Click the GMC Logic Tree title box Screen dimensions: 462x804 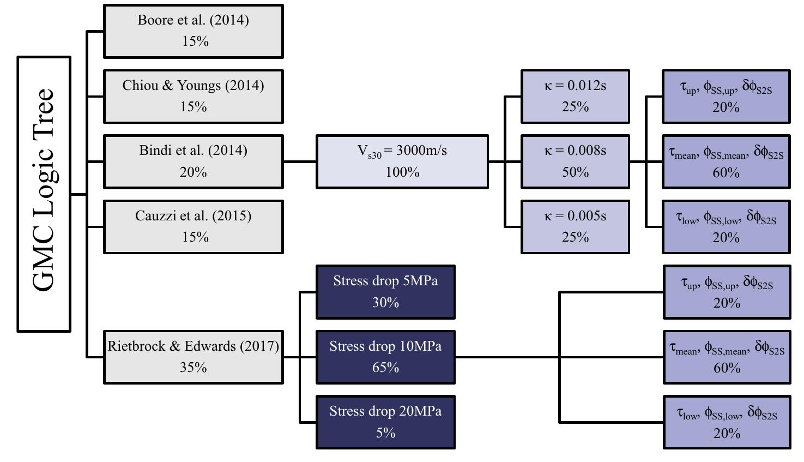click(x=44, y=194)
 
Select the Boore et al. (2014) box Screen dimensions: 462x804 click(x=193, y=31)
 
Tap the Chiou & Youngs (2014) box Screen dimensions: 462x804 click(x=193, y=96)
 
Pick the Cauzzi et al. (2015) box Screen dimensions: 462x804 click(x=193, y=226)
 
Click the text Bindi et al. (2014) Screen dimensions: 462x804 click(x=193, y=151)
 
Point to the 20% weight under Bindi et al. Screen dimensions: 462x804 click(x=193, y=172)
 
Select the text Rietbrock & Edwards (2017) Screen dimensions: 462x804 click(x=193, y=346)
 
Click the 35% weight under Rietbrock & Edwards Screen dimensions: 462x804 click(x=193, y=368)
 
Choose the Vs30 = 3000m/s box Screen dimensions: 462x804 click(x=402, y=161)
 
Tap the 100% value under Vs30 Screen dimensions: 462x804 click(x=402, y=172)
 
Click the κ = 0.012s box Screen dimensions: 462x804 click(x=575, y=96)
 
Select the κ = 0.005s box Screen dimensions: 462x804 click(x=575, y=226)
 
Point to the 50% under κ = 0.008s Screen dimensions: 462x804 click(x=575, y=172)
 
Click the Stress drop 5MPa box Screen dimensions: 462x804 click(x=385, y=292)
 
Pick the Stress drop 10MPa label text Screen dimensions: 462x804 click(x=385, y=346)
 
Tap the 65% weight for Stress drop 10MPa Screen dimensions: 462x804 click(x=385, y=368)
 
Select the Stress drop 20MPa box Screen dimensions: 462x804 click(x=385, y=422)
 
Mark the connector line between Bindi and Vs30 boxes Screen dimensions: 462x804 click(x=300, y=161)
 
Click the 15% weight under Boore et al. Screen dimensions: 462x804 click(x=195, y=42)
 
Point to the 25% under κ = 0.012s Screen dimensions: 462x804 click(x=575, y=107)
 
